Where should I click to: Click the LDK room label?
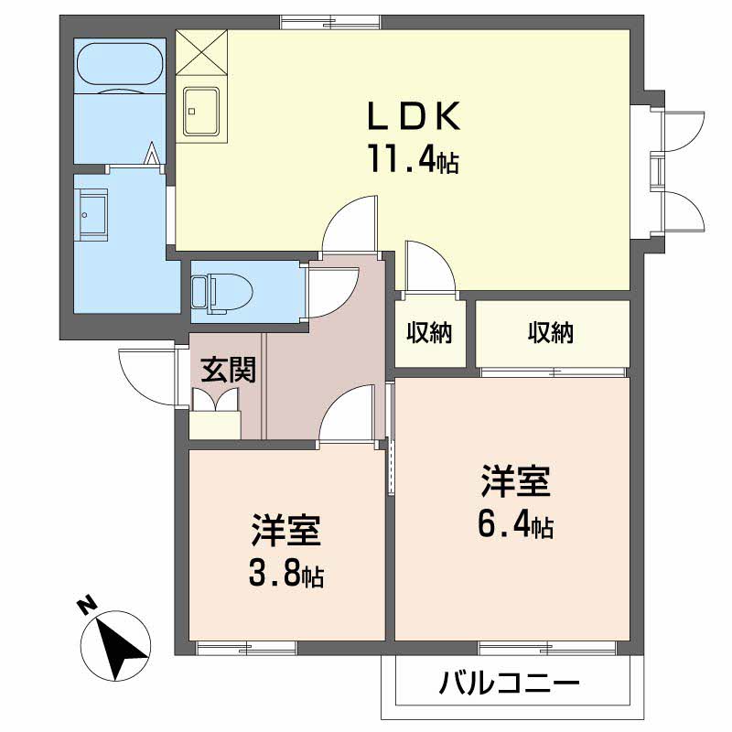tap(414, 115)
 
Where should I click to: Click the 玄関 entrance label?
tap(228, 370)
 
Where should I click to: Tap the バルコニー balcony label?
tap(510, 684)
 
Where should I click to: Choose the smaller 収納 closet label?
tap(429, 332)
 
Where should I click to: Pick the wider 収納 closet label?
tap(551, 332)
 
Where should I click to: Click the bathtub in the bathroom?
tap(120, 66)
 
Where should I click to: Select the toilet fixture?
tap(222, 292)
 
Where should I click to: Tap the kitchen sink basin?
tap(201, 111)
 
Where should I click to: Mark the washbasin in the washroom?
tap(92, 214)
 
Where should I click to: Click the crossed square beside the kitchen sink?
tap(201, 52)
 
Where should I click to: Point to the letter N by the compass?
tap(86, 605)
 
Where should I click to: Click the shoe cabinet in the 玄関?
tap(215, 425)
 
